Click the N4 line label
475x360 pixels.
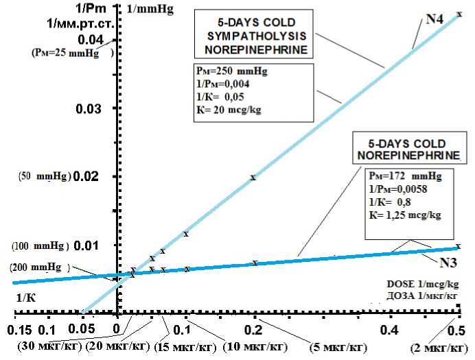tap(434, 19)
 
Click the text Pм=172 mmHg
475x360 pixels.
tap(399, 176)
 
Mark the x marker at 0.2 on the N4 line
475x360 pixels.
tap(253, 178)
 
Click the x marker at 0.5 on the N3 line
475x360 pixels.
tap(459, 246)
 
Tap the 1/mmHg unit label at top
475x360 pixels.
tap(150, 10)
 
